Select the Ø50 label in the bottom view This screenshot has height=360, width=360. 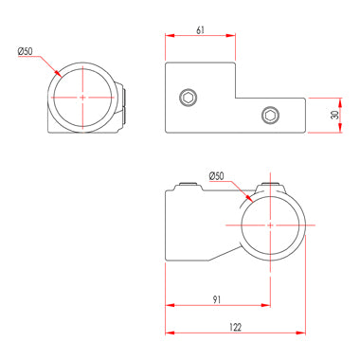215,176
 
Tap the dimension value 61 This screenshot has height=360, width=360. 199,30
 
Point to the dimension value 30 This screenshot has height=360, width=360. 334,115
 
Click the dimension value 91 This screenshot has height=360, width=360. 218,300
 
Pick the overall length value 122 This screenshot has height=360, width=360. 235,327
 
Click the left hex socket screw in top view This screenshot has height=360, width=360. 189,96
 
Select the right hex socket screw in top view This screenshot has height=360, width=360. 271,116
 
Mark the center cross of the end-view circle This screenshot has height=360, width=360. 83,98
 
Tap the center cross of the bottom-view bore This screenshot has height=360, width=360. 271,225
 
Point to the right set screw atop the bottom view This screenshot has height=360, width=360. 273,183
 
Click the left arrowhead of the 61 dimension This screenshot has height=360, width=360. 171,38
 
